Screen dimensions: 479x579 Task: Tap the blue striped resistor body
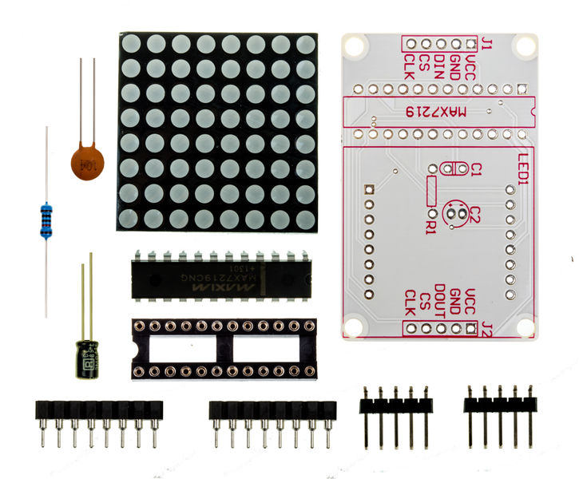pyautogui.click(x=46, y=221)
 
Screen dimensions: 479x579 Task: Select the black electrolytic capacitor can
pyautogui.click(x=86, y=358)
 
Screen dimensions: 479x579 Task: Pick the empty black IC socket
pyautogui.click(x=224, y=349)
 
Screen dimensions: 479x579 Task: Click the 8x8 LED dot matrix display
pyautogui.click(x=216, y=131)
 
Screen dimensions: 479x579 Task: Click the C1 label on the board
pyautogui.click(x=477, y=169)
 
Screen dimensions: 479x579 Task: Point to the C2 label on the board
pyautogui.click(x=474, y=214)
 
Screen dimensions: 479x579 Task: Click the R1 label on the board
pyautogui.click(x=431, y=226)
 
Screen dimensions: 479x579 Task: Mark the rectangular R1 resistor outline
pyautogui.click(x=432, y=192)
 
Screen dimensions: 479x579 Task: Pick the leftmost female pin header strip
pyautogui.click(x=98, y=410)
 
